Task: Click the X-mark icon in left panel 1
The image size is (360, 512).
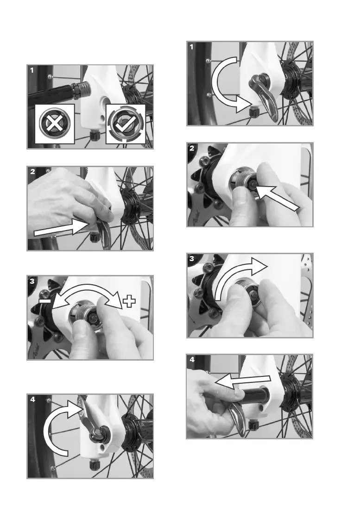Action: (55, 124)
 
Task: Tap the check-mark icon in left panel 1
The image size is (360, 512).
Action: (126, 124)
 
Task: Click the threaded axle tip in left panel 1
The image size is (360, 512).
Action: (81, 90)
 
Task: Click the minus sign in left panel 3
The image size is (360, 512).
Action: (45, 300)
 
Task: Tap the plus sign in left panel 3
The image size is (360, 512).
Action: (129, 301)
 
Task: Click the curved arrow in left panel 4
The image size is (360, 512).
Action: (59, 425)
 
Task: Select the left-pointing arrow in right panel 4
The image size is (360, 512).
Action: (243, 381)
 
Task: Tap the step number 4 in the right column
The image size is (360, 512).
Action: (192, 360)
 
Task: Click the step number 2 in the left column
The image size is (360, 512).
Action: (32, 171)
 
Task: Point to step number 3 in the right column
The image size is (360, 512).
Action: (192, 259)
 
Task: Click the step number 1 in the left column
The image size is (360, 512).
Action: (32, 70)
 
